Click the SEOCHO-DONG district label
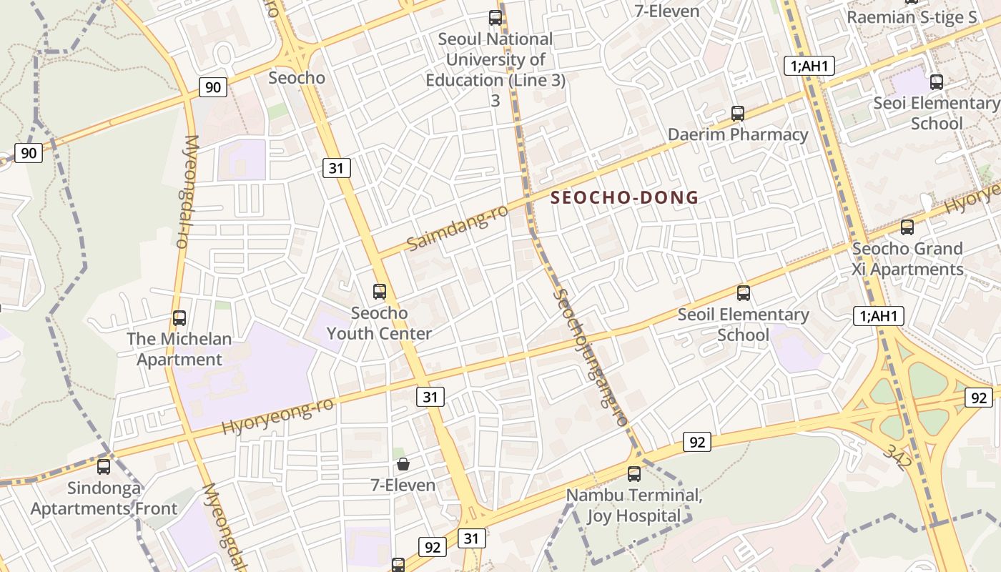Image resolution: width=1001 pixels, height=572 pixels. click(x=625, y=198)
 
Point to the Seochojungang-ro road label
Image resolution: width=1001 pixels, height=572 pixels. click(x=591, y=357)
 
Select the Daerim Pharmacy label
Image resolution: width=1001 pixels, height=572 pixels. click(x=737, y=134)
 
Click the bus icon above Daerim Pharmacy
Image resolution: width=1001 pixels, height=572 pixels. click(x=738, y=113)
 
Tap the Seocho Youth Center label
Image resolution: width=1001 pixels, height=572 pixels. click(x=379, y=323)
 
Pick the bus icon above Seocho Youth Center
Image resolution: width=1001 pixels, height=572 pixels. click(x=380, y=291)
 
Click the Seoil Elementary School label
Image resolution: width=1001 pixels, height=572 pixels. click(x=743, y=325)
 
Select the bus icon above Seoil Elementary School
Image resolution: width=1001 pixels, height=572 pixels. click(x=744, y=292)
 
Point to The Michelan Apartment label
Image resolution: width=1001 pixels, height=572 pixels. click(x=179, y=349)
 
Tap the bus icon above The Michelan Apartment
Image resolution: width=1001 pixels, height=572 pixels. click(x=179, y=318)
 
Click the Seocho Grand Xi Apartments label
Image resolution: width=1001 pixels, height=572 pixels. click(x=907, y=259)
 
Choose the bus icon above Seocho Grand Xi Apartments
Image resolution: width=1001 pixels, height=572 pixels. click(x=907, y=227)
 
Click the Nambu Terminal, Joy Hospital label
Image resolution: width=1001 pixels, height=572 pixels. click(x=633, y=505)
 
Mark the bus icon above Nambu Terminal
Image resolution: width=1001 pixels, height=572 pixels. click(x=634, y=473)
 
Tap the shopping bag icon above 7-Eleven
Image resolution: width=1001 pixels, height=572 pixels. click(x=403, y=464)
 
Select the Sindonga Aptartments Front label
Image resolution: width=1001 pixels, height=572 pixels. click(x=104, y=498)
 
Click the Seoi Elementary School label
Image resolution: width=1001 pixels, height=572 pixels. click(x=936, y=113)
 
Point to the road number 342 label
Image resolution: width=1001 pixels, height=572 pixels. click(x=897, y=457)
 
